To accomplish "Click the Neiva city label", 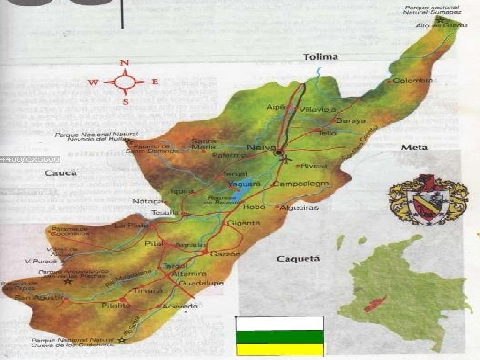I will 260,148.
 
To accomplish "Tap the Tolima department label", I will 321,57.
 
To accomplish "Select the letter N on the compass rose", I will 124,63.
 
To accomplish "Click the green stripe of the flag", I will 279,337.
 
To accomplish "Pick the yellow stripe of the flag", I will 279,349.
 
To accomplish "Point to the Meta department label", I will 414,148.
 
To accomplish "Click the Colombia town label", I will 412,81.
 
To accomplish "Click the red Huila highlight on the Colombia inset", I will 375,304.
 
